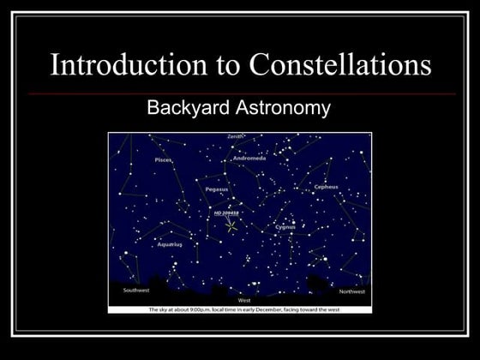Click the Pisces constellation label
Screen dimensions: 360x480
[163, 159]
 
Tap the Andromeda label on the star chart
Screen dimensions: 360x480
[249, 159]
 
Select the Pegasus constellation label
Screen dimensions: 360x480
[217, 189]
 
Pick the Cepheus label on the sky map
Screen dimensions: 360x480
[327, 186]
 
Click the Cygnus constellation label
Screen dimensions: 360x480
[285, 227]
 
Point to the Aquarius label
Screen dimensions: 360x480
[170, 244]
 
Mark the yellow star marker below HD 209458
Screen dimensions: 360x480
[231, 226]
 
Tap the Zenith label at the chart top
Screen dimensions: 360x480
[236, 136]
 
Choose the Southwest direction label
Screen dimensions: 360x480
[136, 290]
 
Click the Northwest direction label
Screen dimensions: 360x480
[351, 291]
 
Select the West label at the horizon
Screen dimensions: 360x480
[244, 300]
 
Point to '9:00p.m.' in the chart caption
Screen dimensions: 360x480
[186, 309]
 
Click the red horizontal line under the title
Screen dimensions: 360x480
[240, 93]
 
